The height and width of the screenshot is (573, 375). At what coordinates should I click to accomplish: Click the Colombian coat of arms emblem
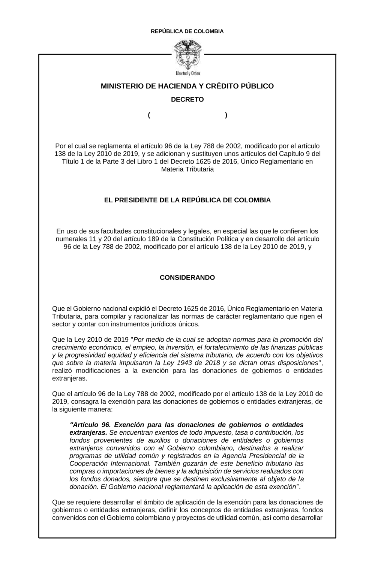[187, 54]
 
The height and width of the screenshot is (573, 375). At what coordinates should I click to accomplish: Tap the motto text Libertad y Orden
[187, 73]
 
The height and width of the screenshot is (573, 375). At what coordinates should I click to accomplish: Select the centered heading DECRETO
[187, 100]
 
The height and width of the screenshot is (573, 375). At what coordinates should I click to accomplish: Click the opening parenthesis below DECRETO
[149, 115]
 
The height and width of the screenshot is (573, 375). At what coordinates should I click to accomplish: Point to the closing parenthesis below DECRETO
[226, 115]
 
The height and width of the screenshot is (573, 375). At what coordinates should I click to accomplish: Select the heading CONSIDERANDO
[187, 278]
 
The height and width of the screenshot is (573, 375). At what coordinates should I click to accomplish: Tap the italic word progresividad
[84, 355]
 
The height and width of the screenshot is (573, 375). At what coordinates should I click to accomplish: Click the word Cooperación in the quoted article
[89, 463]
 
